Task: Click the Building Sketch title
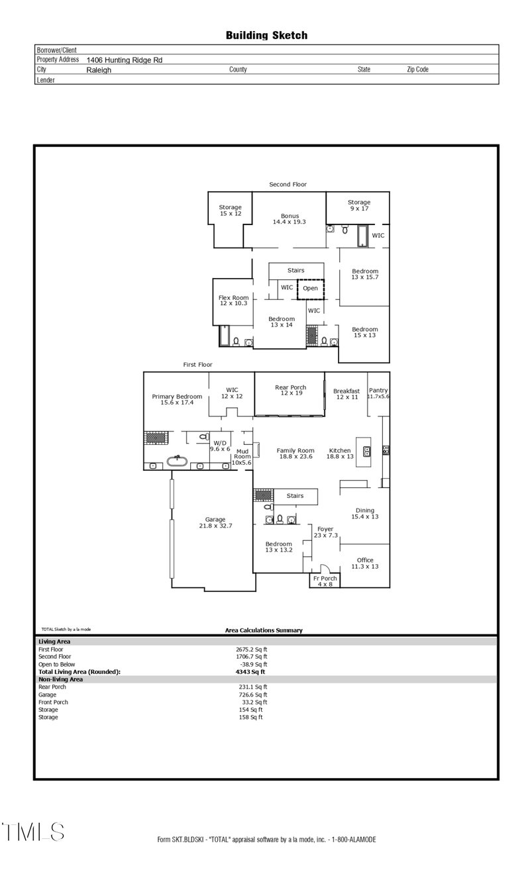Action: coord(266,36)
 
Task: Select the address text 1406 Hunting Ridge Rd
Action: coord(125,60)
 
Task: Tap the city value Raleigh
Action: coord(99,70)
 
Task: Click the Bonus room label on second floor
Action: coord(290,219)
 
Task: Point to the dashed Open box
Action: coord(310,289)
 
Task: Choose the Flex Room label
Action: coord(233,301)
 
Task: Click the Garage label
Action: coord(215,522)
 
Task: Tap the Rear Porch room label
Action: coord(290,391)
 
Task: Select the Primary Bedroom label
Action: coord(176,399)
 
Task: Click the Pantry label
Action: coord(378,393)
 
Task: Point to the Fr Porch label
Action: coord(325,581)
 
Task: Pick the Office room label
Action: coord(365,563)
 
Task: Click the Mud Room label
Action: coord(242,456)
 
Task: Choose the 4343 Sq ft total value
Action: coord(245,671)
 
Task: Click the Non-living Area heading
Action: coord(60,679)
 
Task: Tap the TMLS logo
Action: coord(33,832)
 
